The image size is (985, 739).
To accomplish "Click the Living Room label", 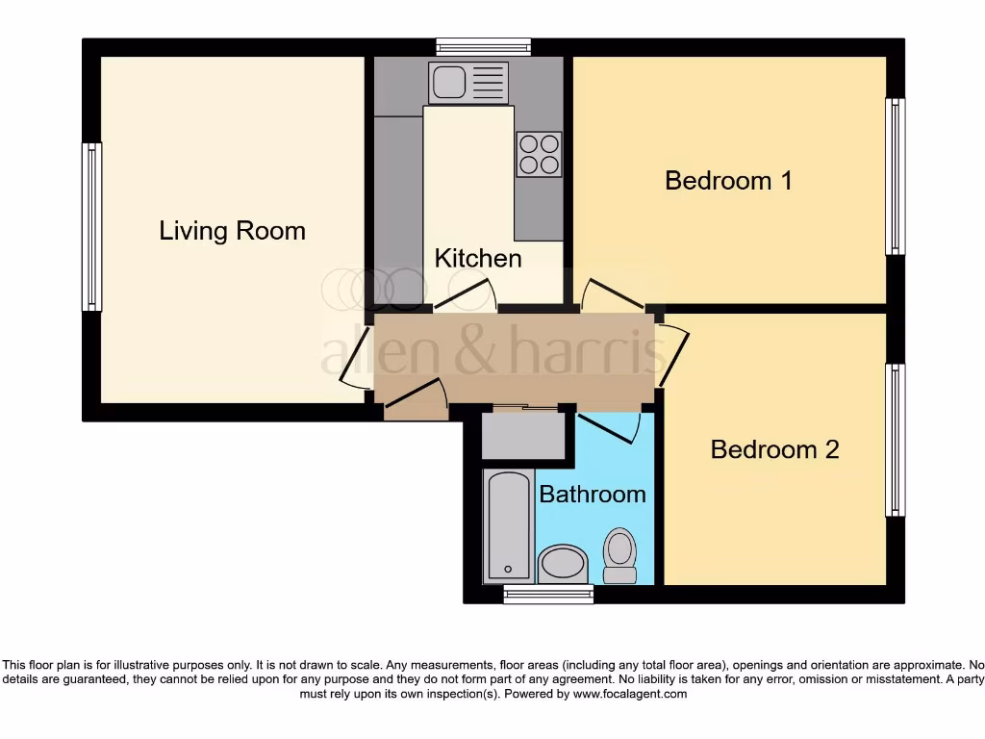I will click(232, 231).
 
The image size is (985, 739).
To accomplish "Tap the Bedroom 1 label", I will click(728, 180).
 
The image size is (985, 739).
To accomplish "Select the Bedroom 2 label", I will click(774, 449).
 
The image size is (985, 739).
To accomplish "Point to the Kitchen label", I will click(478, 258).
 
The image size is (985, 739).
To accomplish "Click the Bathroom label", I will click(592, 495).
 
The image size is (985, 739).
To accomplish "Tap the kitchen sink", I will click(468, 83).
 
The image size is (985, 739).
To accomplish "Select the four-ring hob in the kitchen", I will click(539, 154).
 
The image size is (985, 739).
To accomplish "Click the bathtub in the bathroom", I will click(508, 526).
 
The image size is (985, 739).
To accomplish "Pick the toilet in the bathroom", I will click(619, 556).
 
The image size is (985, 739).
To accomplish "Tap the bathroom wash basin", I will click(563, 564).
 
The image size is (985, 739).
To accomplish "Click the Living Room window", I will click(91, 227).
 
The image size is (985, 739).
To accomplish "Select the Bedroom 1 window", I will click(895, 176).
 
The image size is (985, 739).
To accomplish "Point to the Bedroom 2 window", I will click(895, 440).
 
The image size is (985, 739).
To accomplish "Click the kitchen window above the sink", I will click(483, 46).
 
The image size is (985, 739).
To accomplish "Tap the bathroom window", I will click(548, 595).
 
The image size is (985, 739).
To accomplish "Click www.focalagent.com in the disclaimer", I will click(630, 694).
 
